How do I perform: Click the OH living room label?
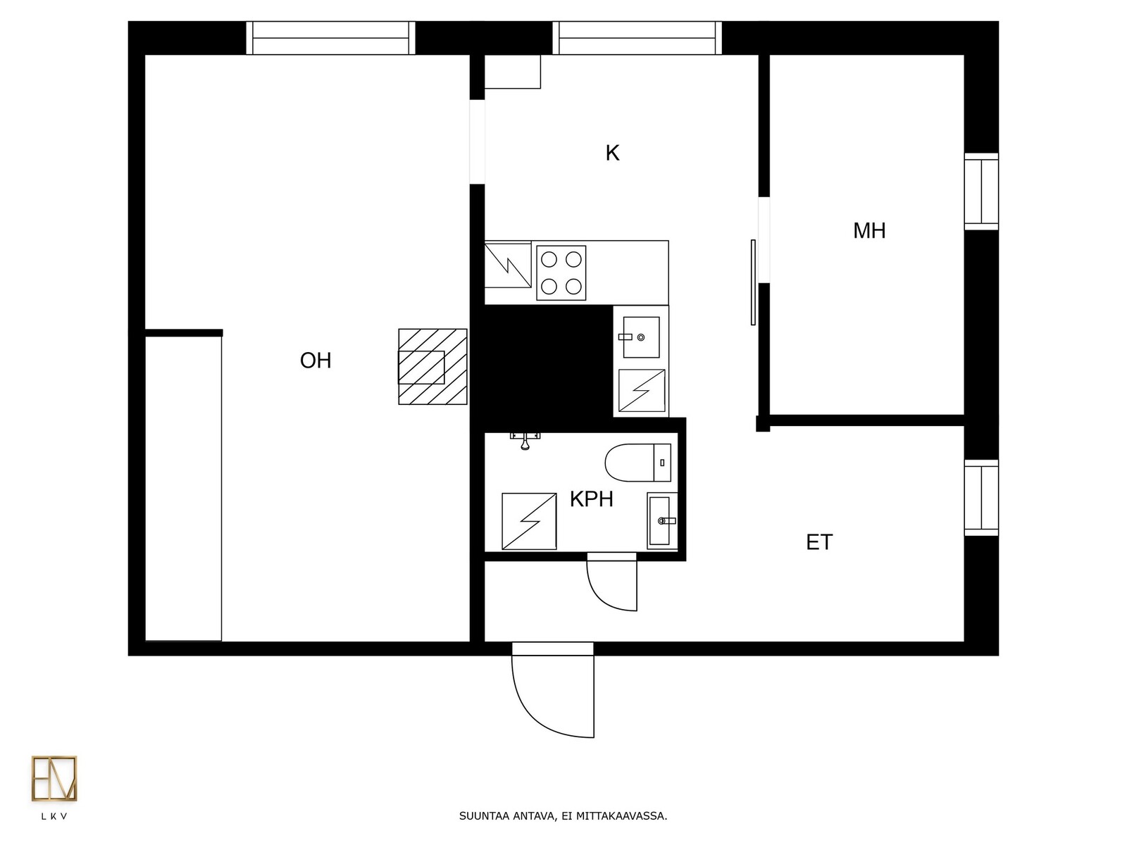(316, 361)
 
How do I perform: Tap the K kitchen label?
(612, 153)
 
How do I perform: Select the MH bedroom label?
(869, 231)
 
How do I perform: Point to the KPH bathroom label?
(592, 499)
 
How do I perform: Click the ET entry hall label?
(819, 542)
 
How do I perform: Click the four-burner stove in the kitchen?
(561, 273)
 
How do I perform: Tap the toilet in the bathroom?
(638, 463)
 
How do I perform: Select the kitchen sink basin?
(641, 337)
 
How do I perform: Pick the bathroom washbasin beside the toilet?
(662, 521)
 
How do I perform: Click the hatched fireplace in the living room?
(432, 367)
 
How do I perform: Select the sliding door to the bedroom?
(753, 282)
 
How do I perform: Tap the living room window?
(330, 38)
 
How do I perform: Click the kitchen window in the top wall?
(637, 38)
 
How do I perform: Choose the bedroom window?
(981, 192)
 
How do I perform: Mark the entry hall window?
(981, 498)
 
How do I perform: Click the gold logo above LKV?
(54, 778)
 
